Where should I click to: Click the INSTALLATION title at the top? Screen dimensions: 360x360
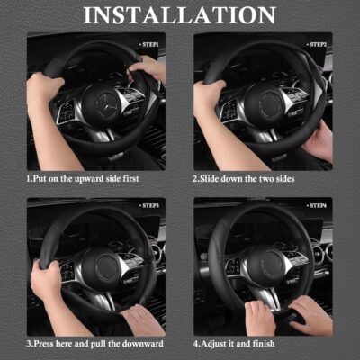[180, 15]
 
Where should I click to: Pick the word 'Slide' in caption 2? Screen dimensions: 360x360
[214, 178]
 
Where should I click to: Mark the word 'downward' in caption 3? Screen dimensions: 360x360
[143, 344]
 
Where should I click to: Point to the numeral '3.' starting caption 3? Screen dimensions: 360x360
[29, 344]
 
